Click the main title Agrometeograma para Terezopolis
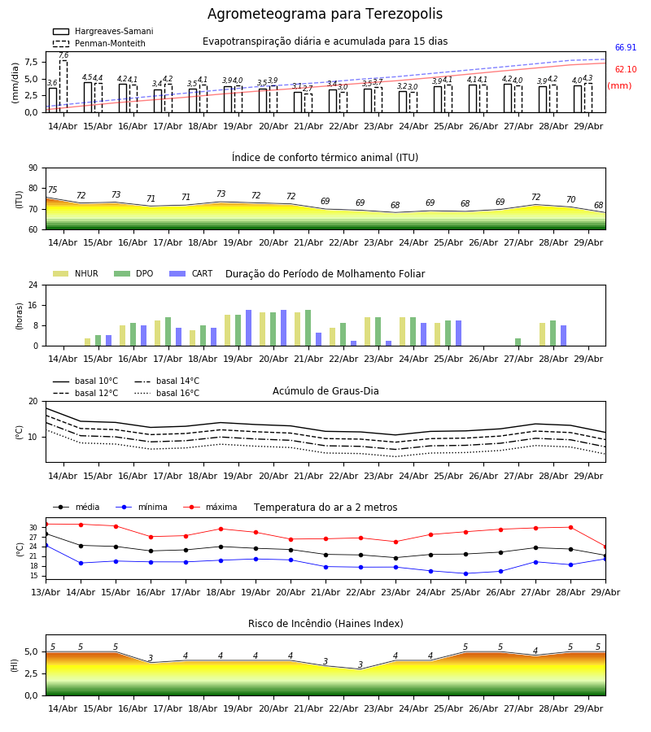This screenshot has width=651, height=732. click(325, 14)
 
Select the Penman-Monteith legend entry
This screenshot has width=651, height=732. click(99, 43)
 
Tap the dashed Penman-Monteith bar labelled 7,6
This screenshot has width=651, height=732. click(63, 86)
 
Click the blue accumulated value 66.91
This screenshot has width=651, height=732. click(625, 48)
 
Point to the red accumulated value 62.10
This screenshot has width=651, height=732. click(625, 70)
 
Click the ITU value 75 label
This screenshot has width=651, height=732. click(52, 190)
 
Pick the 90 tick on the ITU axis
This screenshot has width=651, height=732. click(33, 168)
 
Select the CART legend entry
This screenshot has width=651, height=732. click(191, 273)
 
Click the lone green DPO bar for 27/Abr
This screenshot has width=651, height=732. click(518, 342)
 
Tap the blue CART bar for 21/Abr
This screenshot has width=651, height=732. click(318, 339)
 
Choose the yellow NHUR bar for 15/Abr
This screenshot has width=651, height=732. click(87, 342)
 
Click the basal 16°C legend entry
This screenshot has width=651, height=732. click(167, 393)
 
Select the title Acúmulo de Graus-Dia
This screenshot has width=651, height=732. click(325, 390)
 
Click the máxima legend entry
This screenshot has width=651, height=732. click(210, 507)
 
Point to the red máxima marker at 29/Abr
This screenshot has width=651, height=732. click(605, 547)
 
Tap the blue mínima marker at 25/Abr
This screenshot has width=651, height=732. click(465, 573)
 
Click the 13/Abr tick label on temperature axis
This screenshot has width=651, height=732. click(46, 592)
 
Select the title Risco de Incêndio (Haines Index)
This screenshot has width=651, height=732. click(325, 624)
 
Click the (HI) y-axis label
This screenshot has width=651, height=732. click(14, 665)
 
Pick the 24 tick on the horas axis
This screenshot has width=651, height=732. click(33, 285)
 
